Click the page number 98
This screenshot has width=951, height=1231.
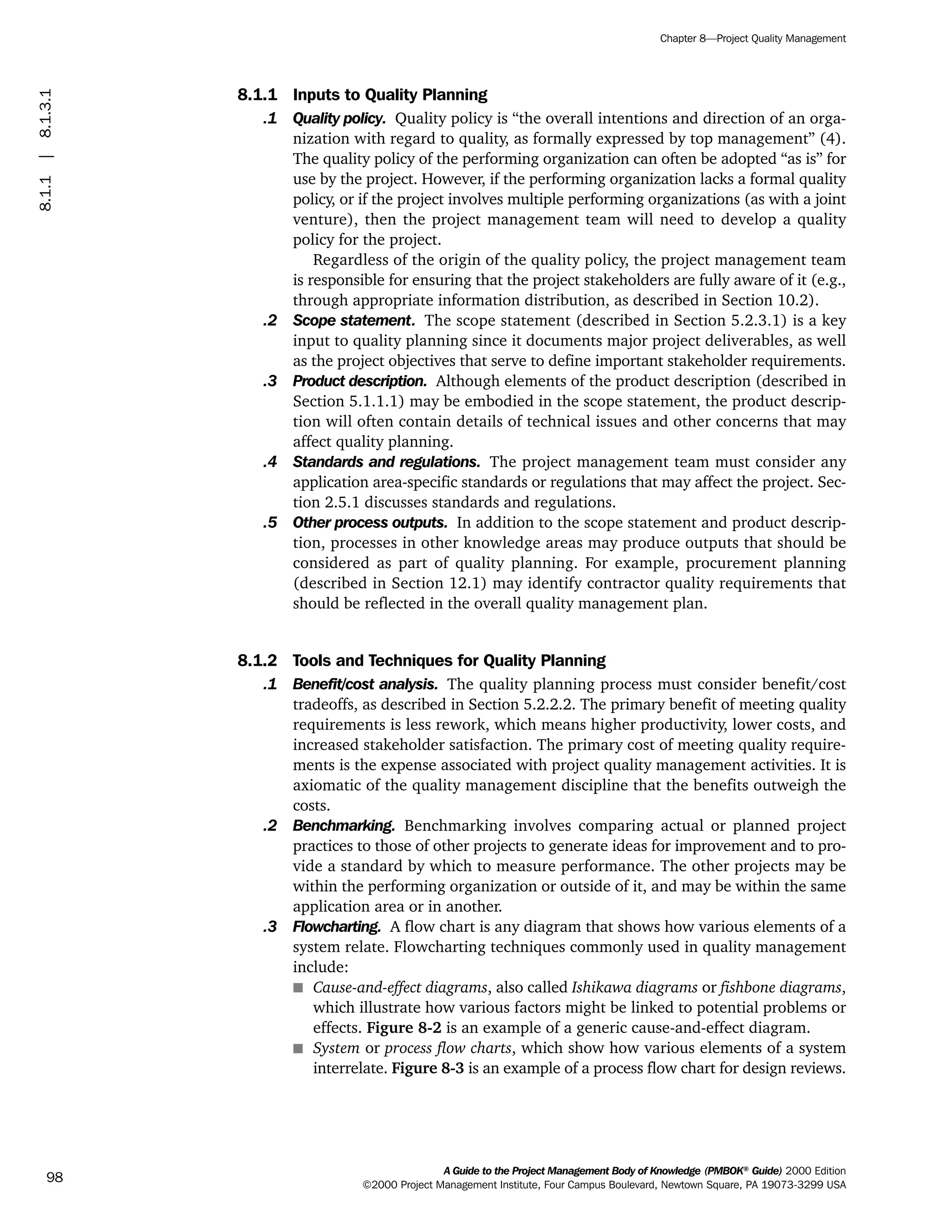pos(55,1177)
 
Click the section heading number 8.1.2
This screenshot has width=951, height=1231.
pos(257,660)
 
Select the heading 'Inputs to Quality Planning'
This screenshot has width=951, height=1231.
pos(390,95)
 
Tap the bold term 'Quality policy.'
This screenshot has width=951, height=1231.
pos(339,119)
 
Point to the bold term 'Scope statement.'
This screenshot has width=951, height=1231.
pos(354,321)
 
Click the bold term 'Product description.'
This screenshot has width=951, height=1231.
pos(359,381)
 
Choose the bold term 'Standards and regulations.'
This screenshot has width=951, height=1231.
pos(386,462)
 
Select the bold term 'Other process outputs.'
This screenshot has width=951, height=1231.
pos(370,523)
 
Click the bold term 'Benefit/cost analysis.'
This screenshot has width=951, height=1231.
pos(365,684)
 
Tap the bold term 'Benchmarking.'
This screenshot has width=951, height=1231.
pos(344,826)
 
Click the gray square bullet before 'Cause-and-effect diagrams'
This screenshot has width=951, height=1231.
pos(298,988)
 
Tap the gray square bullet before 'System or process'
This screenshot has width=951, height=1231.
pos(298,1048)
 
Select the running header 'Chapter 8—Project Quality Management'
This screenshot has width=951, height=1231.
pos(753,39)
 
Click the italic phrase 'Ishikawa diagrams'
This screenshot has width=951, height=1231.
pos(634,988)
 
